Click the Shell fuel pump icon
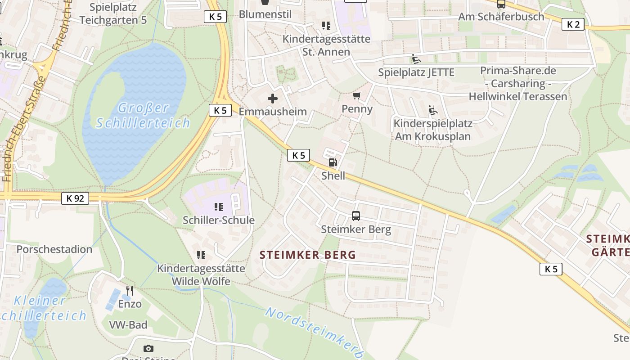click(x=333, y=162)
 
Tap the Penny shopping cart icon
click(x=357, y=95)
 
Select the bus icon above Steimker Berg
click(x=356, y=216)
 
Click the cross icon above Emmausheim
click(x=273, y=99)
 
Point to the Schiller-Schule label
click(x=219, y=220)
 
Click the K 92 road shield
click(x=75, y=198)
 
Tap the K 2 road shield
click(x=573, y=24)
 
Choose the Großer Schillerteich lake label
click(x=143, y=115)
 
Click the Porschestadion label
click(x=54, y=249)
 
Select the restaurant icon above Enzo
click(x=130, y=290)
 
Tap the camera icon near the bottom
click(x=148, y=348)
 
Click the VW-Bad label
click(x=128, y=324)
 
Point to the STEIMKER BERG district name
click(x=308, y=255)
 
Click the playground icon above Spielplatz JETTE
click(x=416, y=59)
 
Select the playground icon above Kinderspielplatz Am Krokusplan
click(x=433, y=110)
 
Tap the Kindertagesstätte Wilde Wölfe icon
click(x=201, y=255)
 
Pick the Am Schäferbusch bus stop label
click(x=501, y=17)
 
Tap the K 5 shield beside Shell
click(x=298, y=155)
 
